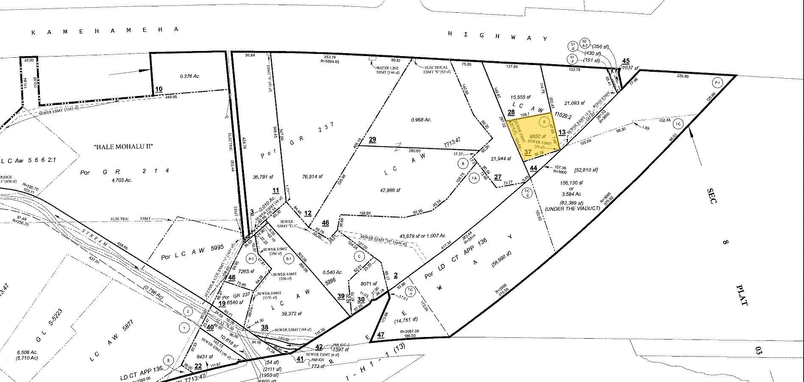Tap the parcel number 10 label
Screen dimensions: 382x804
158,89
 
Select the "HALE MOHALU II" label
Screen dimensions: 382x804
123,147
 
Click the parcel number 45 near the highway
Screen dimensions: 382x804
626,61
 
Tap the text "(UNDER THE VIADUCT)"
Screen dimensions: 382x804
573,208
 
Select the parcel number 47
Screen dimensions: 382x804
381,335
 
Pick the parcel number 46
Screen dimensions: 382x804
325,223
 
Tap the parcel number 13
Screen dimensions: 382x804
562,133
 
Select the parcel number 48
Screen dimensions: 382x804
232,278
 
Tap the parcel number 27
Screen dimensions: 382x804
498,177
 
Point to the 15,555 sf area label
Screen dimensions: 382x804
522,97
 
